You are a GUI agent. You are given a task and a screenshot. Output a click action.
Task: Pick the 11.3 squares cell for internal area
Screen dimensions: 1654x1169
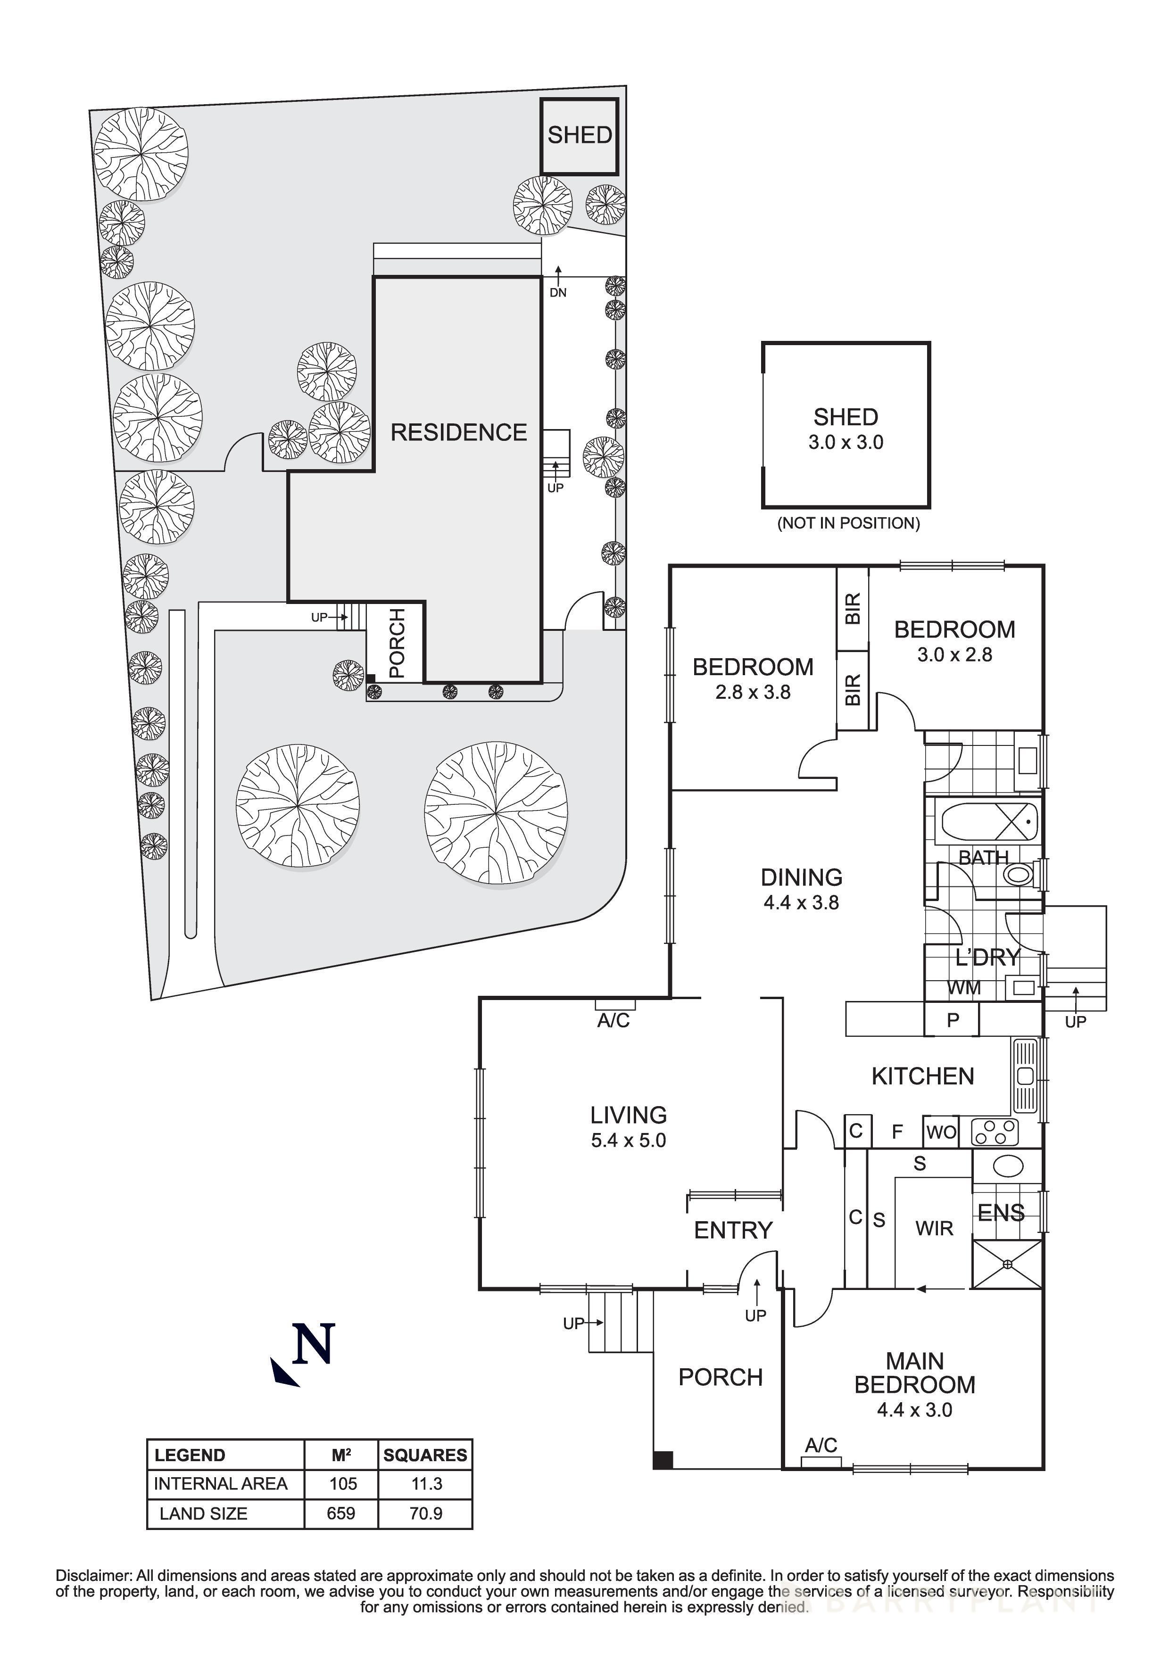(x=426, y=1483)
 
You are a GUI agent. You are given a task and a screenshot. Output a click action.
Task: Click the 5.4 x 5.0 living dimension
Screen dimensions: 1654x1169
(x=628, y=1141)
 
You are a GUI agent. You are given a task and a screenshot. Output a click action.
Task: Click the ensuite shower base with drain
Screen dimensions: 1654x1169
(x=1007, y=1264)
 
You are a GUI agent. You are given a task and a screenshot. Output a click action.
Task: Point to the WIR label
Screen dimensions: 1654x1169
(x=934, y=1228)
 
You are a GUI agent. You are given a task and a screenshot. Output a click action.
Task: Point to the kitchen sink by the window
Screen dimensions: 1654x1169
(x=1025, y=1077)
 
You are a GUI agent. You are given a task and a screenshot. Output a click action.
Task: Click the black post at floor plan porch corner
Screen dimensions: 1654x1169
(x=662, y=1460)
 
